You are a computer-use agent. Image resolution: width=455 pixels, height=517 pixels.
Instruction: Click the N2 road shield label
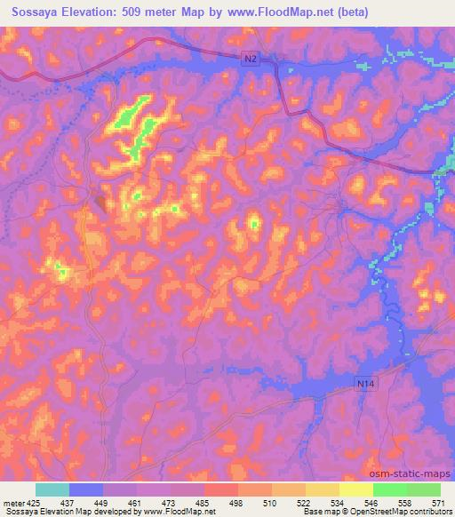(x=252, y=59)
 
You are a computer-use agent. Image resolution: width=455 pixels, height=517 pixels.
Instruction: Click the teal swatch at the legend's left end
(x=52, y=489)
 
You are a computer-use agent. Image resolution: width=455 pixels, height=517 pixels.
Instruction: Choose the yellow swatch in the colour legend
(x=356, y=489)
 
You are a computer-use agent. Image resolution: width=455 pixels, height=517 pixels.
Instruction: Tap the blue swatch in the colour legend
(x=85, y=489)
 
